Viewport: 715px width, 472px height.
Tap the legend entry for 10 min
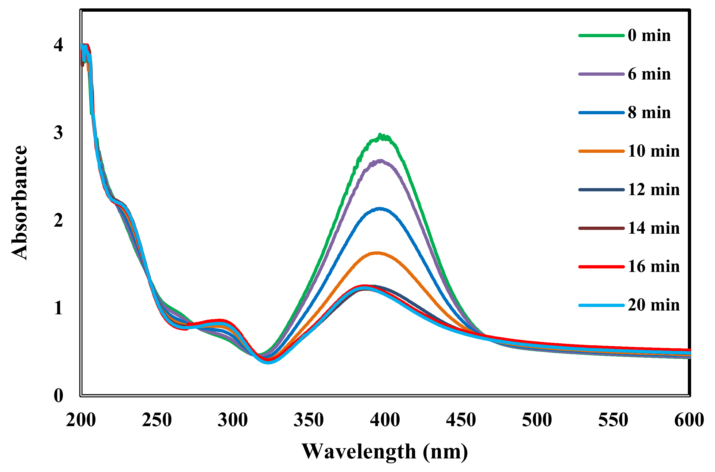[x=653, y=151]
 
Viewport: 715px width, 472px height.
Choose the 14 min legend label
[x=653, y=228]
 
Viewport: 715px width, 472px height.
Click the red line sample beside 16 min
[x=601, y=267]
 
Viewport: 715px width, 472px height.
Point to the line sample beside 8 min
[x=601, y=113]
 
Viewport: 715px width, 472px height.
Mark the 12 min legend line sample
[x=601, y=190]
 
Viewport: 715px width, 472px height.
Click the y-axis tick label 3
[x=58, y=132]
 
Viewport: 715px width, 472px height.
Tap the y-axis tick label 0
[x=58, y=395]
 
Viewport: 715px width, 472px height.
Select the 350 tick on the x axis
[x=309, y=420]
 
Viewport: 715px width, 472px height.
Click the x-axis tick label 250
[x=157, y=420]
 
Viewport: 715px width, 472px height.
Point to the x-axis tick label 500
[x=537, y=420]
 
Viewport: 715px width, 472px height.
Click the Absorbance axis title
[x=20, y=202]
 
